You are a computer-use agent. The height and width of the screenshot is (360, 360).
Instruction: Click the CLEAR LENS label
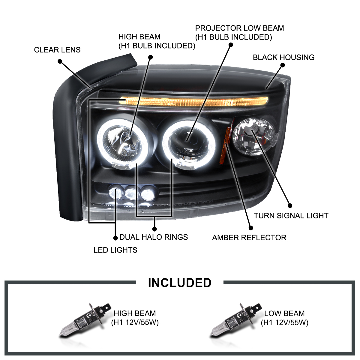57,50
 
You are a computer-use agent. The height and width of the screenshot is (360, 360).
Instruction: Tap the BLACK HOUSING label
283,57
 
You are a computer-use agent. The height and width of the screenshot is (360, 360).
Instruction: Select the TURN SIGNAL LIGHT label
291,216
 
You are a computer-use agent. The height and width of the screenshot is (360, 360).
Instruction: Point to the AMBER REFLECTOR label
249,238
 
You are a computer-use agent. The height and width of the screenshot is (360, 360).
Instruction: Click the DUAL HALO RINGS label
154,237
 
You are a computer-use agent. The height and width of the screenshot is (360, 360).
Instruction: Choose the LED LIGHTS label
115,250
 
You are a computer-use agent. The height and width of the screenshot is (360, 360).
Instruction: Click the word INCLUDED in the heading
179,283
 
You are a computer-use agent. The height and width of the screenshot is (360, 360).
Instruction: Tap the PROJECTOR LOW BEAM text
239,28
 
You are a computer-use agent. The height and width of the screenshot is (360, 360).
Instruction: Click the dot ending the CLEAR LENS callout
60,61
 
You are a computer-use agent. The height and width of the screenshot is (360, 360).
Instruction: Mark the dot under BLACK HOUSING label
283,65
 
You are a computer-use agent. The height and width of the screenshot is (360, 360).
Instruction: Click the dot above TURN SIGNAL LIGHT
290,206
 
